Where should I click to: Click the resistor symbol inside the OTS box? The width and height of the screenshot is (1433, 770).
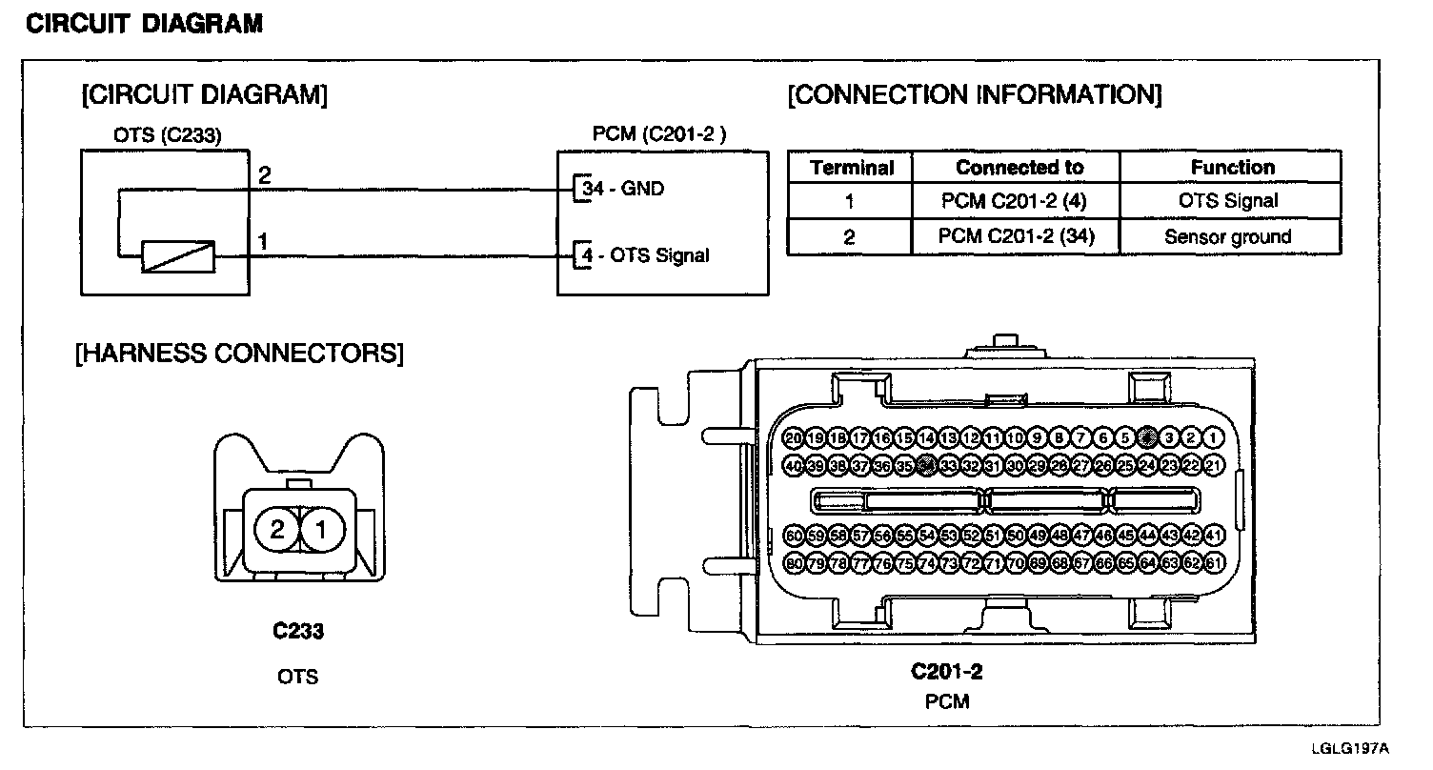(177, 256)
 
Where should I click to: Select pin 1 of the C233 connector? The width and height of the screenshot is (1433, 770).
(322, 531)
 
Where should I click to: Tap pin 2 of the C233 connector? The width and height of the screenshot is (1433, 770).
(277, 531)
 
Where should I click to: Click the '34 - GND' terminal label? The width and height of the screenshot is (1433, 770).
(623, 189)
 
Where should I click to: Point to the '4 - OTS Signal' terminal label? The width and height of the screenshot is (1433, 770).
(646, 255)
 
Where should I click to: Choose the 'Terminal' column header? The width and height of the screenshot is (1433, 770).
(852, 168)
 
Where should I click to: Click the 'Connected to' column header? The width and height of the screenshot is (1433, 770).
(1019, 168)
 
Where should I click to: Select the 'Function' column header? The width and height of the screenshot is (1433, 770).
(1232, 168)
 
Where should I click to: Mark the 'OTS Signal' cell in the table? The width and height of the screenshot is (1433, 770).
(1228, 201)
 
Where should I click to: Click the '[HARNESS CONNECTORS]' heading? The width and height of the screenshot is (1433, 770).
(239, 354)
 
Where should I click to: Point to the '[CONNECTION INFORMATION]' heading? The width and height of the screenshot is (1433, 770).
(974, 95)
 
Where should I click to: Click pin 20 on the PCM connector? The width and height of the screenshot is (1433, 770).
(793, 438)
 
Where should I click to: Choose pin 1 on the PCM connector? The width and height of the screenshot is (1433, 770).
(1213, 438)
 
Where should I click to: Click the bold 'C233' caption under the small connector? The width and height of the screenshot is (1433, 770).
(297, 631)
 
